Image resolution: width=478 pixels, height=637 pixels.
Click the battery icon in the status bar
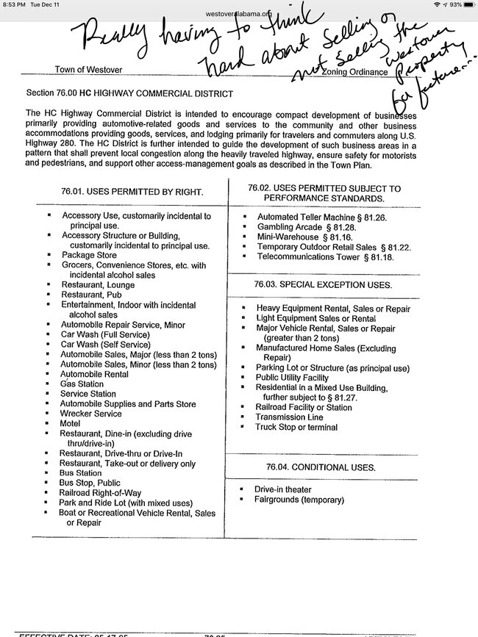467,4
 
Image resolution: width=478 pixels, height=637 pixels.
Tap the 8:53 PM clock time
13,4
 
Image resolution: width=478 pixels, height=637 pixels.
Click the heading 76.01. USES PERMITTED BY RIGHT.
132,192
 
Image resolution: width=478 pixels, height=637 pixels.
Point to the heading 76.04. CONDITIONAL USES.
310,467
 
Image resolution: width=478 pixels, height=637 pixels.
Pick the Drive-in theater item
283,489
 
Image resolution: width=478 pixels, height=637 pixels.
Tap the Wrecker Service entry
91,414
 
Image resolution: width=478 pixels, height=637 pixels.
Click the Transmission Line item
290,417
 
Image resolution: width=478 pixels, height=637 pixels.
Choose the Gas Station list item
82,384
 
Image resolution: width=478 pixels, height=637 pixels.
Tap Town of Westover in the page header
88,70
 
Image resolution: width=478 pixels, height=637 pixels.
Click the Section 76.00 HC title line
129,93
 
